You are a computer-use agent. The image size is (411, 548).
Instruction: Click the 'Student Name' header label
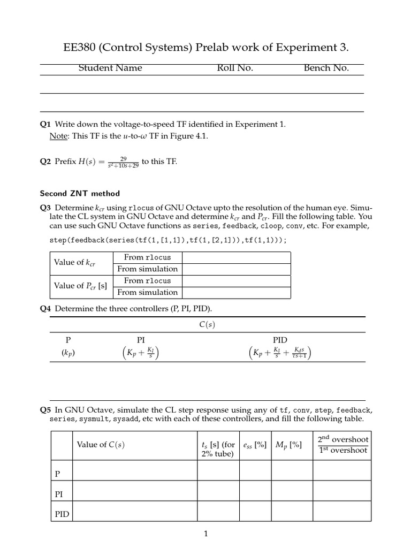point(110,68)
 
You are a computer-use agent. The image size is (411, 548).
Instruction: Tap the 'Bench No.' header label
point(326,68)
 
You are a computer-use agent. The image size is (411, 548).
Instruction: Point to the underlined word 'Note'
point(57,136)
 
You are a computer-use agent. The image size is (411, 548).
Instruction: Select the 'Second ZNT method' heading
point(80,193)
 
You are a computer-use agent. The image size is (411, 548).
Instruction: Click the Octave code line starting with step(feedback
point(168,240)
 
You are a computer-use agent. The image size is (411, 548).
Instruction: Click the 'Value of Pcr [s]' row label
point(80,286)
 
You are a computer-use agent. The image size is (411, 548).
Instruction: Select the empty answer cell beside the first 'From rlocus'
point(235,257)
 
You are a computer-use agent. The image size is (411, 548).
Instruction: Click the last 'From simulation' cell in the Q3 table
point(147,292)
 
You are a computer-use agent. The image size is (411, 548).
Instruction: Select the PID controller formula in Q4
point(280,353)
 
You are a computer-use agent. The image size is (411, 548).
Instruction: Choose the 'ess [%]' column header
point(255,444)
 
